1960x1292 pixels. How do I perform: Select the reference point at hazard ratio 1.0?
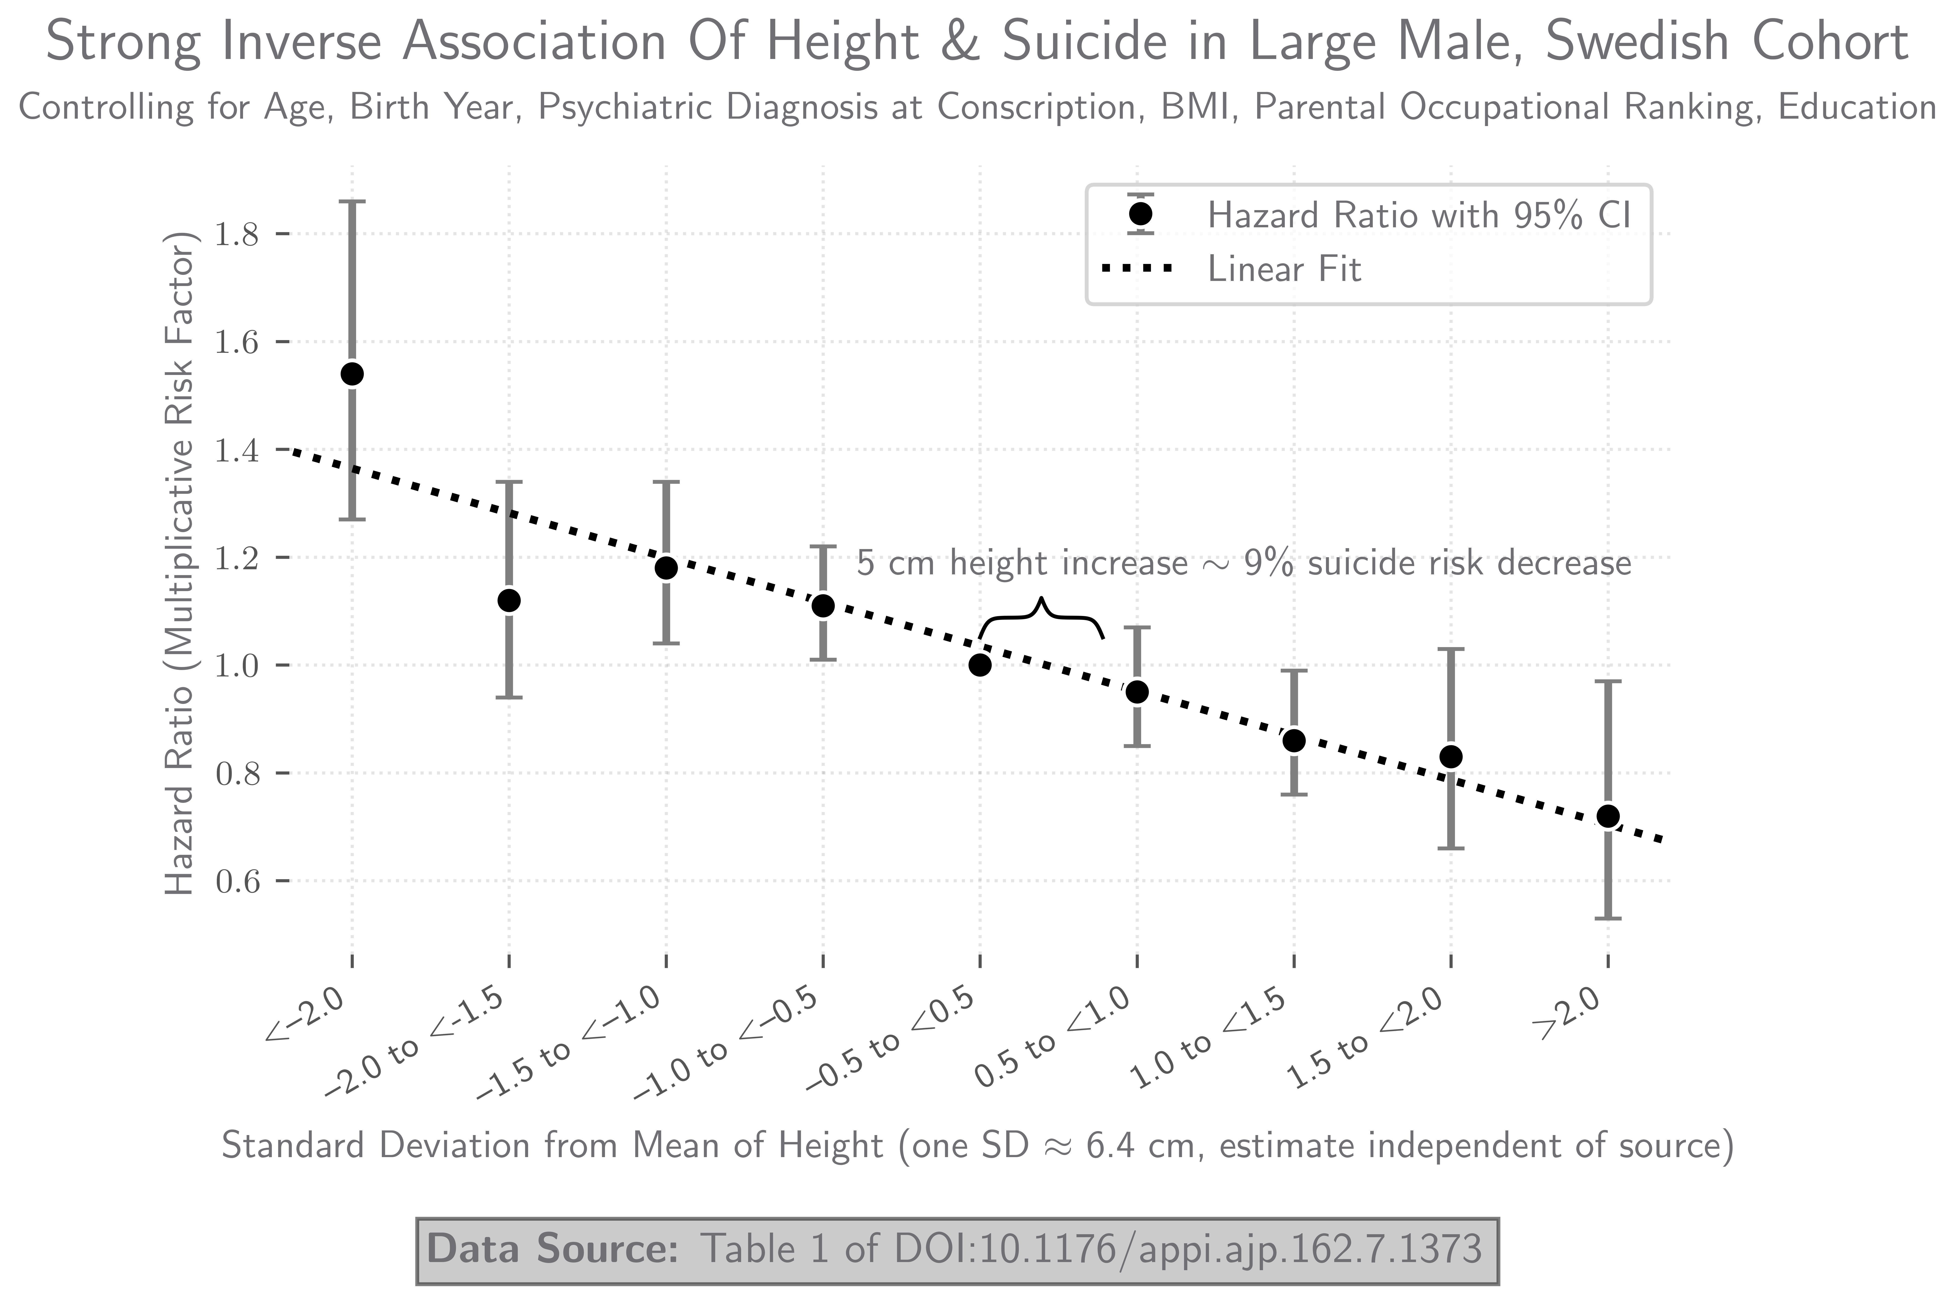[x=980, y=665]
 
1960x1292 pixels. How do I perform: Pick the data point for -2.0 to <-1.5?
[x=509, y=601]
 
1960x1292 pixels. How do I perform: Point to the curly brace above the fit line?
[x=1041, y=618]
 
